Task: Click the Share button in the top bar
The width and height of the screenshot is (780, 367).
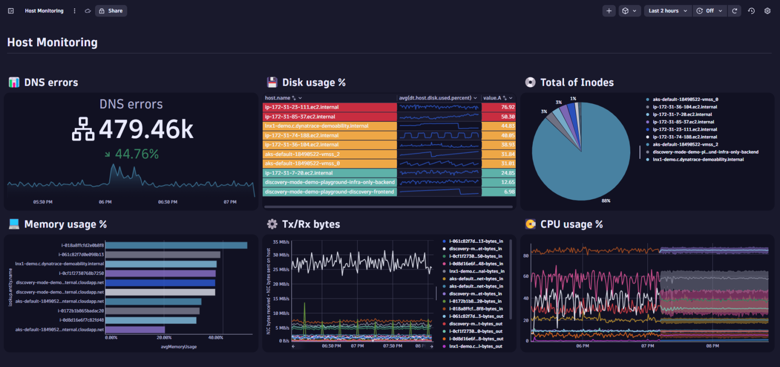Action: (111, 11)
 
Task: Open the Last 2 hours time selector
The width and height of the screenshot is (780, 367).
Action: (667, 11)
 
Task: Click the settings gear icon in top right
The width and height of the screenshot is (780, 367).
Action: (767, 11)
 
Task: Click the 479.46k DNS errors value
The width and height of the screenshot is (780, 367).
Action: (146, 130)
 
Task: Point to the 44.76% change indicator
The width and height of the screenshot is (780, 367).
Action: (136, 154)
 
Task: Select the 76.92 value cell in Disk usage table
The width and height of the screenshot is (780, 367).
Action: (507, 107)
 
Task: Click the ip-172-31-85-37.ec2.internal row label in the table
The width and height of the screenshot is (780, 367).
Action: (300, 116)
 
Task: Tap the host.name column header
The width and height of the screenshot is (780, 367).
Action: (278, 98)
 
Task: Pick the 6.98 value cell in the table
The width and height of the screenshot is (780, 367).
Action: (508, 192)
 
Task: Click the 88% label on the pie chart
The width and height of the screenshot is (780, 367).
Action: (606, 201)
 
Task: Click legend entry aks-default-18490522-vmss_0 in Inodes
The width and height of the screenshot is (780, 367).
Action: (685, 99)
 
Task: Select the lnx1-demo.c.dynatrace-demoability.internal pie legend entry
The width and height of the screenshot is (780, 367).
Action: (698, 159)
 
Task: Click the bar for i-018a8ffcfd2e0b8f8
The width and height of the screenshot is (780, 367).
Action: (176, 245)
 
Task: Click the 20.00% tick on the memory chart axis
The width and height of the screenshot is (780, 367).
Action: (164, 337)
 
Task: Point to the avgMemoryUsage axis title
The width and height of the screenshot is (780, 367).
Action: (178, 347)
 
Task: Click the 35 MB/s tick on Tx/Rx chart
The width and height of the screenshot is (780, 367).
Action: (281, 242)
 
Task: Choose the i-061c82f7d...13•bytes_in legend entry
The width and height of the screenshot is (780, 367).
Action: (475, 241)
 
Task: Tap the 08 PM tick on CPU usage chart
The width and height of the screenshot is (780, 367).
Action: (712, 346)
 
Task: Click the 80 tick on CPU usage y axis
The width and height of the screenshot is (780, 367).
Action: (526, 255)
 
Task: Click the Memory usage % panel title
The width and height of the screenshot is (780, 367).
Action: (65, 224)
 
